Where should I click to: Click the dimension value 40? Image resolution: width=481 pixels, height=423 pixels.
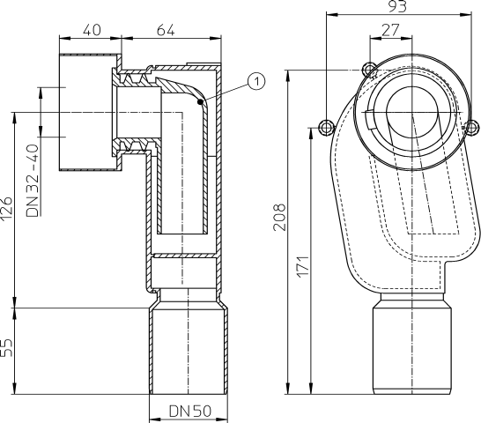[90, 30]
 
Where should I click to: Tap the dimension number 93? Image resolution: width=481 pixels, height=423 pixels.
[401, 7]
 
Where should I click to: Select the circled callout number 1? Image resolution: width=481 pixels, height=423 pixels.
[255, 81]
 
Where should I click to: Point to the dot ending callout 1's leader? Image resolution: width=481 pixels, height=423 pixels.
[202, 102]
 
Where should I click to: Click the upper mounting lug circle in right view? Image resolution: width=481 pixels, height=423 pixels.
[370, 70]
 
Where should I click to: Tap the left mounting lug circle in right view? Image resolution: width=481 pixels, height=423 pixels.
[327, 127]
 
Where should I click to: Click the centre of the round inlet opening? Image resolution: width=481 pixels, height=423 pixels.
[411, 119]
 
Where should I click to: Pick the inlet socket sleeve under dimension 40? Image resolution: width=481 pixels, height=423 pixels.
[89, 113]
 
